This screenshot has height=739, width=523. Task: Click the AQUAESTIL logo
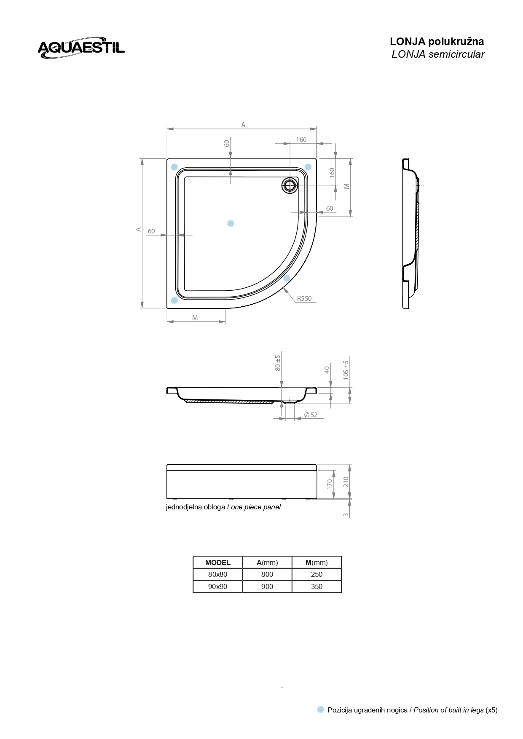pos(81,47)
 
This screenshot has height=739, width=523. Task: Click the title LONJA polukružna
pos(437,42)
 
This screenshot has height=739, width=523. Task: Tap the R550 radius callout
pos(304,299)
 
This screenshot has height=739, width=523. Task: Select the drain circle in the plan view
pos(290,185)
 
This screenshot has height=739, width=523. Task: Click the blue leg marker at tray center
pos(231,223)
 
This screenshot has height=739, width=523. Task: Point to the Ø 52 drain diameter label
pos(311,415)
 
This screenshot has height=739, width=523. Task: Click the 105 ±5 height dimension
pos(346,369)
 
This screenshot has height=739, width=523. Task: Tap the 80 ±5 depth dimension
pos(277,363)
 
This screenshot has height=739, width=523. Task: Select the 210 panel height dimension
pos(346,482)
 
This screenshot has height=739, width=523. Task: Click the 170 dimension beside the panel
pos(330,484)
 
